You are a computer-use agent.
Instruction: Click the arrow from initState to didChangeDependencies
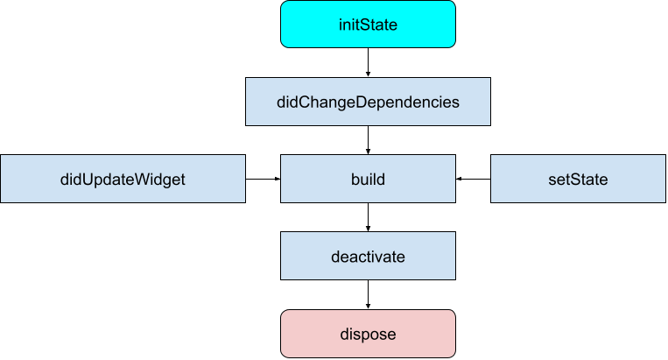click(368, 62)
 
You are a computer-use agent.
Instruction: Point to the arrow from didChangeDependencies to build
click(368, 139)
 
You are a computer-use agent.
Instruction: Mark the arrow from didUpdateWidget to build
click(263, 179)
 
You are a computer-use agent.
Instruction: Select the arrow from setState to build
click(473, 179)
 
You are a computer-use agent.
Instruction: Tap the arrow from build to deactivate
click(368, 217)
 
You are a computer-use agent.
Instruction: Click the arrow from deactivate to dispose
click(368, 294)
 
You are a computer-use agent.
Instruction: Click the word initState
click(368, 25)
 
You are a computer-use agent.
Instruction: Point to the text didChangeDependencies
click(368, 102)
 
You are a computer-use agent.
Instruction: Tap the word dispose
click(368, 335)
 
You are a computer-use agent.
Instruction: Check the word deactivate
click(368, 257)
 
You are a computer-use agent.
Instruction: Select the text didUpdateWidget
click(123, 180)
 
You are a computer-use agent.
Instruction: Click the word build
click(368, 180)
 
